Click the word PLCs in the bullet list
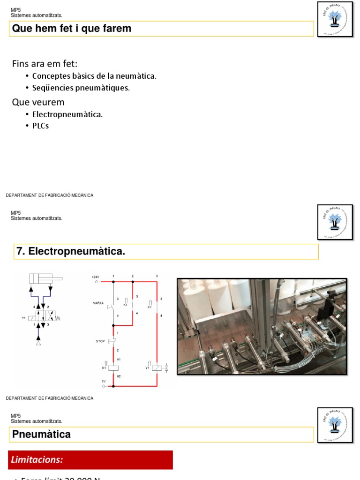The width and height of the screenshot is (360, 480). point(40,126)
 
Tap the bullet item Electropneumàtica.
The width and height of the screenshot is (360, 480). point(67,114)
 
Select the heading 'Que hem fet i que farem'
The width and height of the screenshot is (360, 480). point(72,29)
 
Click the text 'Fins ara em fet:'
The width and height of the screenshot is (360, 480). point(45,64)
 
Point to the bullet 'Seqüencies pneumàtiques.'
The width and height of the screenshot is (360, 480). point(81,88)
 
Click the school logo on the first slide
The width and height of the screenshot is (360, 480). point(335,19)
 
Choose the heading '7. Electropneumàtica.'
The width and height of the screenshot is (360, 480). point(71,252)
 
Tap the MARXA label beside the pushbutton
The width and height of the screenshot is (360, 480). point(98,303)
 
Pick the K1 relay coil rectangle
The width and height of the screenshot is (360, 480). point(113,368)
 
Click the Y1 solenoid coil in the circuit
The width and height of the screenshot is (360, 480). point(157,368)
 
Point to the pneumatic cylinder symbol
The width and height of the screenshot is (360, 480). point(45,279)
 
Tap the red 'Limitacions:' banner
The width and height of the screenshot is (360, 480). point(90,460)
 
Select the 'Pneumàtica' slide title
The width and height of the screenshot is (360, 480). point(41,435)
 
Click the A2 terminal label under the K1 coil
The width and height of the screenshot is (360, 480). point(119,376)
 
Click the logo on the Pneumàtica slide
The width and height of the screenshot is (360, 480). point(335,425)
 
